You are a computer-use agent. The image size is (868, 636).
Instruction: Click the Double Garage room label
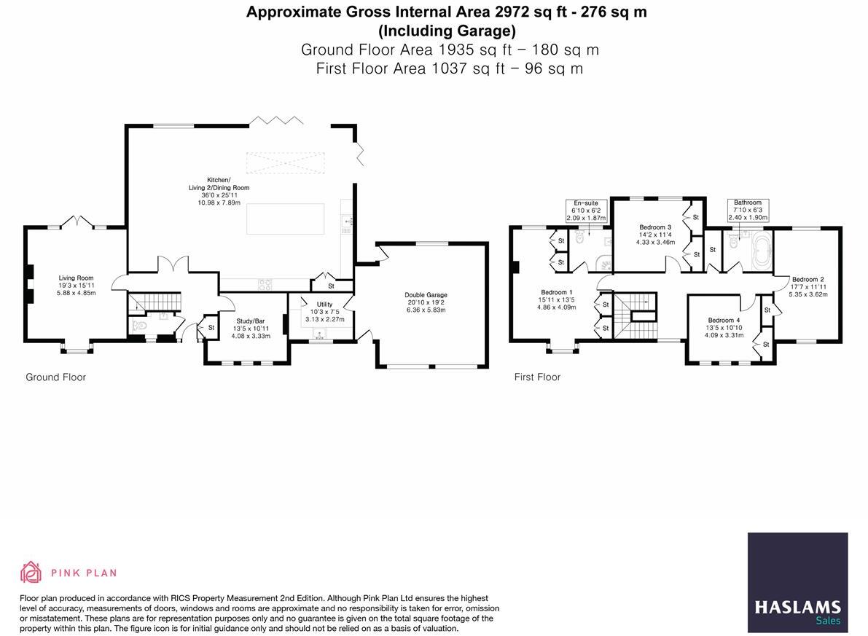[x=426, y=295]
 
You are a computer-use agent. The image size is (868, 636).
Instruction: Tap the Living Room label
[x=76, y=278]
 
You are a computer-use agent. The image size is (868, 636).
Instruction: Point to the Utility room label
[x=324, y=305]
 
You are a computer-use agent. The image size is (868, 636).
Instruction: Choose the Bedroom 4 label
[x=724, y=321]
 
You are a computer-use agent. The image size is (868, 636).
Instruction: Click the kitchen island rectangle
[x=285, y=219]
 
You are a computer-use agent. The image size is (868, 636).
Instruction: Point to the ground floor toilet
[x=141, y=326]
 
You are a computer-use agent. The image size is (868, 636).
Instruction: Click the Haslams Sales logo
[x=797, y=581]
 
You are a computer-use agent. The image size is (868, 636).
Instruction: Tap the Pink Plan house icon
[x=31, y=573]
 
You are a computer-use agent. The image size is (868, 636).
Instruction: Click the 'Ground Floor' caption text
[x=55, y=377]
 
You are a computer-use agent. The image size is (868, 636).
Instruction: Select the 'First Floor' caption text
[x=537, y=377]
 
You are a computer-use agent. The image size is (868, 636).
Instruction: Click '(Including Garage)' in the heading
[x=447, y=31]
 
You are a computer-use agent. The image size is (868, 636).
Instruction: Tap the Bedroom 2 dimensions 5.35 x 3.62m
[x=808, y=294]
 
